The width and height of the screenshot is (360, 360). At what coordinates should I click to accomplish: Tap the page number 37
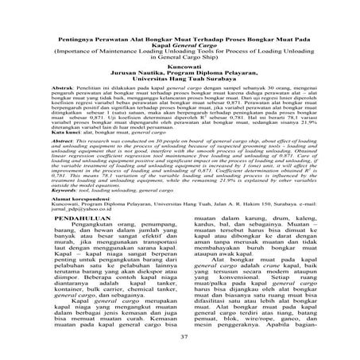[180, 337]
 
